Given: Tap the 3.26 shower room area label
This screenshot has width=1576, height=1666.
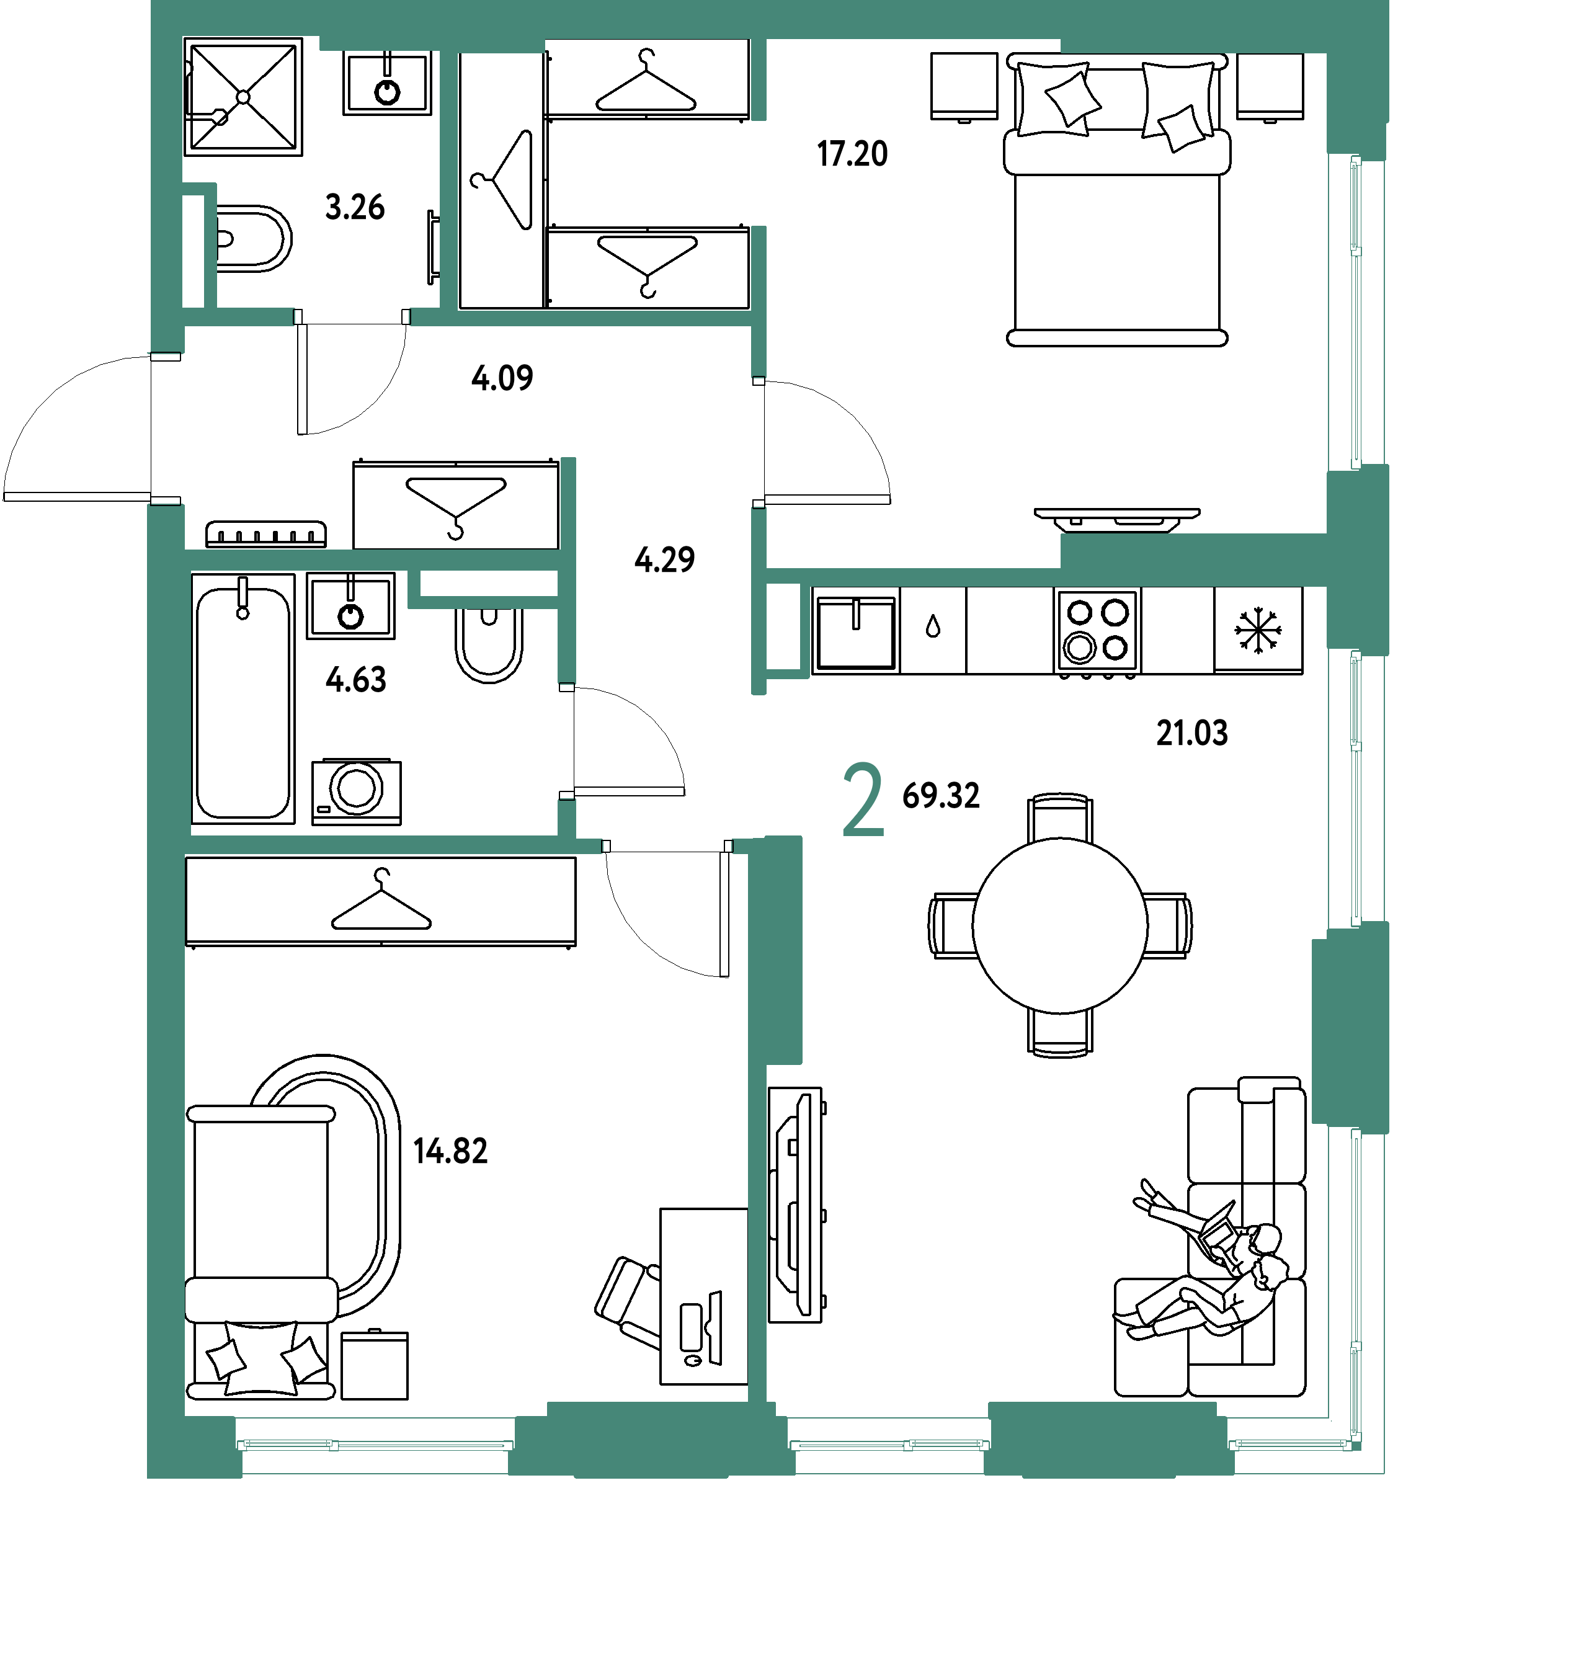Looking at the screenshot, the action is pyautogui.click(x=355, y=207).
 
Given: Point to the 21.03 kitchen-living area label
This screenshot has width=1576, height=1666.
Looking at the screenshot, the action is pyautogui.click(x=1191, y=733).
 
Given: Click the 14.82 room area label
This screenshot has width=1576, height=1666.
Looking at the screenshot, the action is pyautogui.click(x=450, y=1151).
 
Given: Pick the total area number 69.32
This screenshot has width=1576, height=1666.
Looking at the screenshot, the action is pyautogui.click(x=941, y=796).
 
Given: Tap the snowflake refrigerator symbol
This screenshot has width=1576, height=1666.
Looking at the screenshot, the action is pyautogui.click(x=1258, y=630).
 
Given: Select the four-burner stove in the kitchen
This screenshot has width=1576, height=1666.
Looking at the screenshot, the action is pyautogui.click(x=1097, y=632).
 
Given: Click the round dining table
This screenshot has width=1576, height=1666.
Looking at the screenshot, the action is pyautogui.click(x=1060, y=925).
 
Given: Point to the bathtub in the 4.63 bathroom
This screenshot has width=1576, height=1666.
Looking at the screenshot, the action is pyautogui.click(x=244, y=699).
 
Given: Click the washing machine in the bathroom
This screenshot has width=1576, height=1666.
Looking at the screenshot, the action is pyautogui.click(x=356, y=791).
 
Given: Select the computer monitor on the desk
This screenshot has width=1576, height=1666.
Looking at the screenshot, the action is pyautogui.click(x=715, y=1327).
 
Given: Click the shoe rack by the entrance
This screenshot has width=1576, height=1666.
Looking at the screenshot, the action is pyautogui.click(x=266, y=534).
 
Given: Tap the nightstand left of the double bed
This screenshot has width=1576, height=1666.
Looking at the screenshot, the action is pyautogui.click(x=964, y=87).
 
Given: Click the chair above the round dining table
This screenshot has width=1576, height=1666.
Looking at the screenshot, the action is pyautogui.click(x=1060, y=817).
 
